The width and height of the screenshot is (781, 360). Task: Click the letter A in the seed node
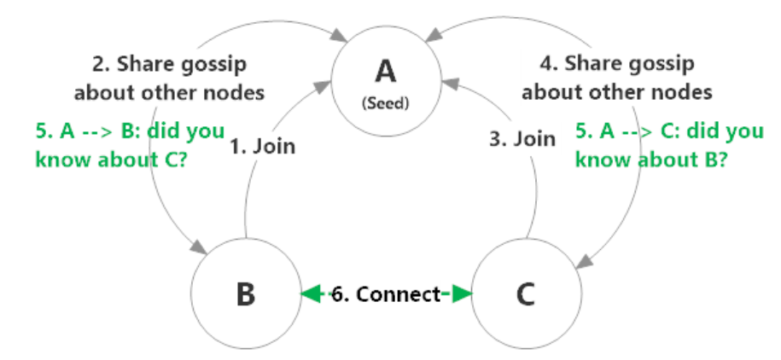click(x=386, y=70)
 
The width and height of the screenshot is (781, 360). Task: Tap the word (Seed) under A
click(x=386, y=102)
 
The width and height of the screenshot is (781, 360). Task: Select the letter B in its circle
click(x=245, y=294)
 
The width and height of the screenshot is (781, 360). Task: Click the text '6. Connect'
click(x=388, y=294)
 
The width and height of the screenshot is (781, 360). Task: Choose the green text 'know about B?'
click(x=650, y=159)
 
